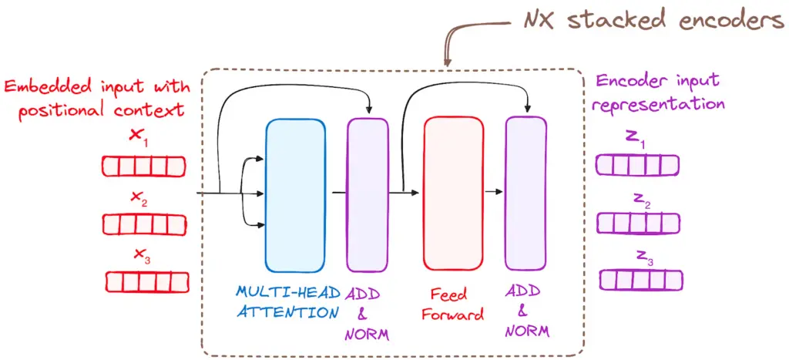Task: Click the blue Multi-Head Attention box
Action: pos(295,195)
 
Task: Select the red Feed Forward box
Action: pos(453,193)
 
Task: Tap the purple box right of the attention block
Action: pos(368,194)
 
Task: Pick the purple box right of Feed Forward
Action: pos(525,193)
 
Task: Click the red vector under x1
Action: pos(144,167)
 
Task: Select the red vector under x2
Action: pos(144,224)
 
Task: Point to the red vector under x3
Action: pos(147,282)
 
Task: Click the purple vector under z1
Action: pos(637,165)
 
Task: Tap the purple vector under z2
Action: pos(638,224)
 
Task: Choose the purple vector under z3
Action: pos(640,281)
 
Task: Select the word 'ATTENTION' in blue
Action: pos(288,312)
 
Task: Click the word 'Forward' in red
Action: pos(453,315)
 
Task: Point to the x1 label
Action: pos(139,137)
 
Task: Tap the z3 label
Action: pos(644,257)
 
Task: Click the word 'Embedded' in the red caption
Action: pos(41,86)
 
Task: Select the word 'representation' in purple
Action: pos(660,104)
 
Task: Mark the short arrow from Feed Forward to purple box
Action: pos(494,192)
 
